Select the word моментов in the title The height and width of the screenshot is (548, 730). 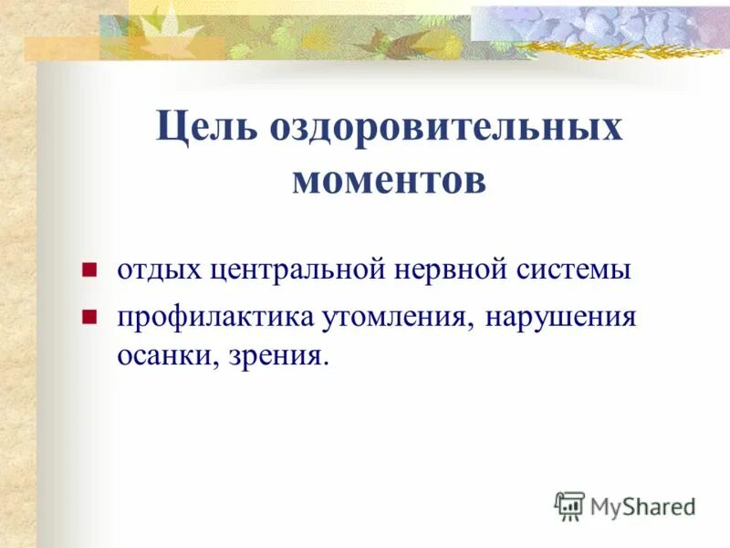pos(389,179)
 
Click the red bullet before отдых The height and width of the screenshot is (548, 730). pos(89,271)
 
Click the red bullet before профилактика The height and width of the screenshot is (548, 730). pos(89,318)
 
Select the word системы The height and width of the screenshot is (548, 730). pos(571,271)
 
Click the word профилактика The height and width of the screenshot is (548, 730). pos(212,317)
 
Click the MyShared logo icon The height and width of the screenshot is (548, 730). pos(569,505)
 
